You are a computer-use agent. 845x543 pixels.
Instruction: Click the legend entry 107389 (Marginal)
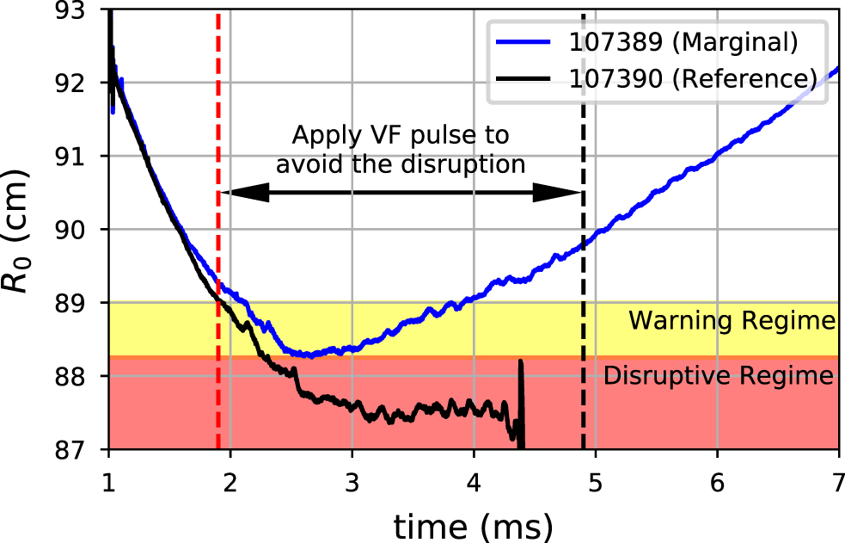tap(683, 41)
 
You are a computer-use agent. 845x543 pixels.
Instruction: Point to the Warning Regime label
tap(732, 322)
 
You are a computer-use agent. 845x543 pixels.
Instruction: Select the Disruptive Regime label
tap(719, 376)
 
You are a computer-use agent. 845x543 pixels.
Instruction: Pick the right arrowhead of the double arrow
tap(567, 194)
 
